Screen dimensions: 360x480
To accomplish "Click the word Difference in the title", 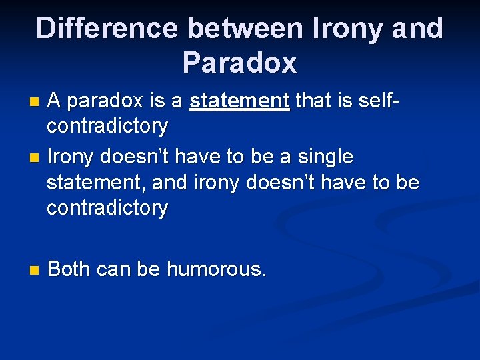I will pos(107,29).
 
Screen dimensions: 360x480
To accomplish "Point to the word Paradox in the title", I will pos(239,63).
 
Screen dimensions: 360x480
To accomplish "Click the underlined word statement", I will pos(239,101).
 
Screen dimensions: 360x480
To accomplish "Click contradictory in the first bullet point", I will pos(107,125).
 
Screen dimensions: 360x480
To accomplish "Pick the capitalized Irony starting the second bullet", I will pos(71,157).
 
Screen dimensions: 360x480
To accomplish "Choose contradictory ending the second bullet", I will pos(107,208).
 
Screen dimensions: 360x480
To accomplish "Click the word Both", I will pos(70,269).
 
